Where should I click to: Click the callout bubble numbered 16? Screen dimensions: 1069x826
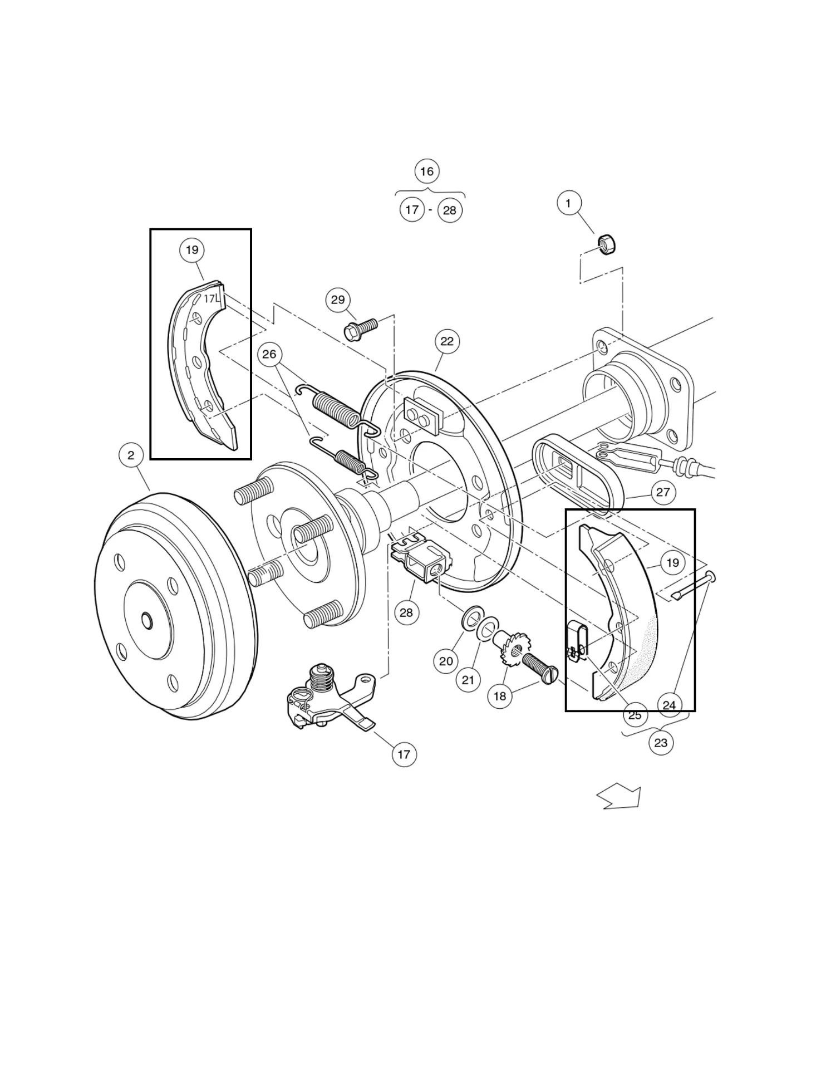click(x=427, y=171)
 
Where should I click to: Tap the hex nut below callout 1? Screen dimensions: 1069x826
click(x=606, y=244)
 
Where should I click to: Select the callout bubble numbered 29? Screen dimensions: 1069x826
click(x=338, y=300)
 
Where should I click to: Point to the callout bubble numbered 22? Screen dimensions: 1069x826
click(x=447, y=341)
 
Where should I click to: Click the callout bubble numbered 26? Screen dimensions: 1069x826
click(x=269, y=355)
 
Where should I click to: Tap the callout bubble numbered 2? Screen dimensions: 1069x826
click(x=131, y=455)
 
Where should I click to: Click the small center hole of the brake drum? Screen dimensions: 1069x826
click(x=146, y=620)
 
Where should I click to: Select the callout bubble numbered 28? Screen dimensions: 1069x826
click(x=406, y=612)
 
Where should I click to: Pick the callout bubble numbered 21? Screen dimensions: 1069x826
click(x=468, y=680)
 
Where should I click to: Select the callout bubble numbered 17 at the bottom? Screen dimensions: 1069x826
click(x=404, y=754)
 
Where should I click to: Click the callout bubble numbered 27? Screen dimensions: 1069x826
click(x=663, y=492)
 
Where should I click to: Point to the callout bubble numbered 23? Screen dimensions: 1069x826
click(x=661, y=743)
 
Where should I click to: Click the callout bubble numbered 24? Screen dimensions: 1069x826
click(x=669, y=705)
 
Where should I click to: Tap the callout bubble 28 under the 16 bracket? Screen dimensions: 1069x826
click(x=450, y=210)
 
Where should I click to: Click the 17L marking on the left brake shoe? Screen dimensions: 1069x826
click(x=211, y=299)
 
